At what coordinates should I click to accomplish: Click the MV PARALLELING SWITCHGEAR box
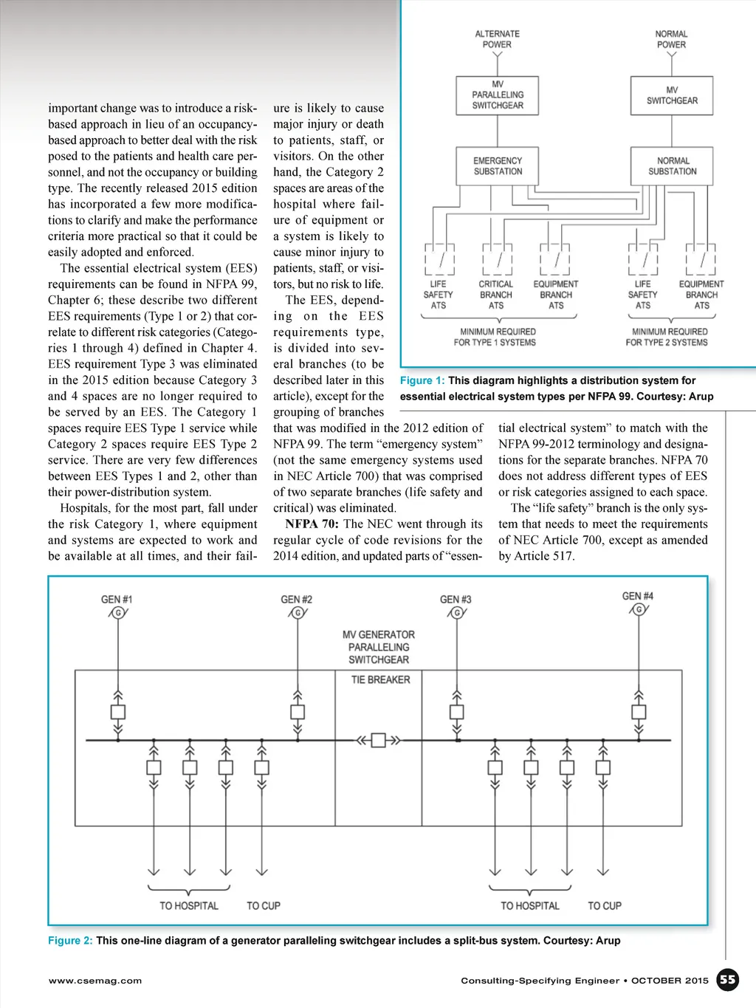pos(498,95)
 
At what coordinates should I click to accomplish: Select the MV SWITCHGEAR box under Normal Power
pos(672,95)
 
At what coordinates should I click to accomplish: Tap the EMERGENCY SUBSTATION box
pos(498,166)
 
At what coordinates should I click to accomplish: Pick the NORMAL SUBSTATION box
pos(672,166)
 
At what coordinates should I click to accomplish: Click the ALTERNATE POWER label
pos(498,39)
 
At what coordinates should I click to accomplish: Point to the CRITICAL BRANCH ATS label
pos(496,295)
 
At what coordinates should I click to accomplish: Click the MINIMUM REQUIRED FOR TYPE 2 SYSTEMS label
pos(669,337)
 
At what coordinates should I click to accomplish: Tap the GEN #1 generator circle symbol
pos(117,612)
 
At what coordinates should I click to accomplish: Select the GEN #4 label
pos(637,596)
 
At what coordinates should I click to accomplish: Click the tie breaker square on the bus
pos(378,740)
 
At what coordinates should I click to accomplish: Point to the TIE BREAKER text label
pos(380,679)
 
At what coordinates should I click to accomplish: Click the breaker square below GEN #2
pos(298,712)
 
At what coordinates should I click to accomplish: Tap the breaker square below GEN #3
pos(457,712)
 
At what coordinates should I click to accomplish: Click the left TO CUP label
pos(264,906)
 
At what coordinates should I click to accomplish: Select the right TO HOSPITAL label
pos(530,906)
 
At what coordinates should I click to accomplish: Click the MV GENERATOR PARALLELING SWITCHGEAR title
pos(379,647)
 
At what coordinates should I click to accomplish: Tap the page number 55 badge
pos(728,980)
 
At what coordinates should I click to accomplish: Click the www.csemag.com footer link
pos(95,981)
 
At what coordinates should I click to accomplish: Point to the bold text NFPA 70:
pos(312,524)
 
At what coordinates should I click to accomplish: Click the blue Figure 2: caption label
pos(70,941)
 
